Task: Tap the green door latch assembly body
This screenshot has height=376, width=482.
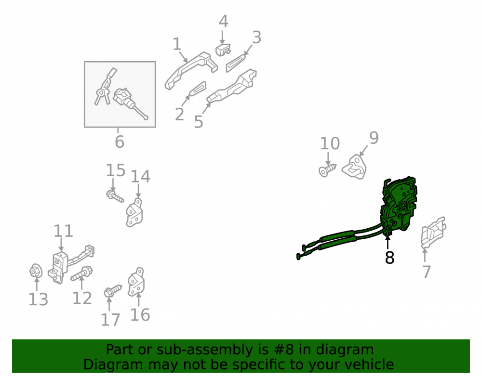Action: coord(399,204)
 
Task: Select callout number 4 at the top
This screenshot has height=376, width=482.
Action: coord(224,22)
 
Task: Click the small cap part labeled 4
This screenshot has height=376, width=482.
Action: coord(223,50)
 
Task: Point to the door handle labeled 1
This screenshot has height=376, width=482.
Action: coord(190,71)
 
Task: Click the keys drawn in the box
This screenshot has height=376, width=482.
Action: coord(105,88)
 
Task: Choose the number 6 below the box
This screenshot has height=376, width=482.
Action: coord(120,142)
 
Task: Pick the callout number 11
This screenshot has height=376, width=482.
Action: coord(63,231)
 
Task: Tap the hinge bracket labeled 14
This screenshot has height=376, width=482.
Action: coord(134,212)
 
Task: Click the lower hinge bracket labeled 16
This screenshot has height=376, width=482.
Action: coord(136,282)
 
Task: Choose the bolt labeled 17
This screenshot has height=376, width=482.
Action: coord(113,291)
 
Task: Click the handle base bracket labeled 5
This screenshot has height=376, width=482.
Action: coord(232,87)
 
